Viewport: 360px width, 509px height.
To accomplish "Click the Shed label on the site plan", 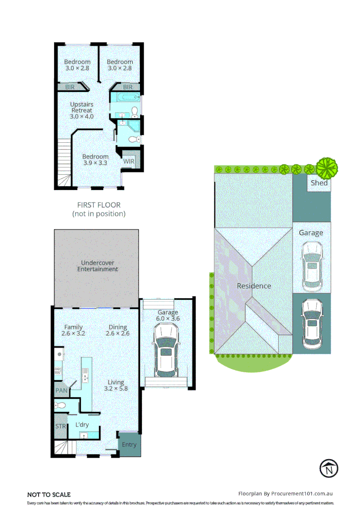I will (x=319, y=183).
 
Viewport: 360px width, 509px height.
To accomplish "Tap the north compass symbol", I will (x=329, y=468).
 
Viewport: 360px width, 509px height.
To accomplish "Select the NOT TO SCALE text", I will (x=49, y=494).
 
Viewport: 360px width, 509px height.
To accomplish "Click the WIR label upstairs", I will (x=129, y=161).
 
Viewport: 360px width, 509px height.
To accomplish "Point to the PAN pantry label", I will (x=61, y=390).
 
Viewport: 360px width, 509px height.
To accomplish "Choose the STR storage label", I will (x=60, y=426).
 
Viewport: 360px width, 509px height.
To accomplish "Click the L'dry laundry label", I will (x=82, y=425).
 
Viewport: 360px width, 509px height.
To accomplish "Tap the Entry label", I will (x=129, y=444).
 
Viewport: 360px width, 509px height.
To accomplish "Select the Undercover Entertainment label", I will (x=98, y=266).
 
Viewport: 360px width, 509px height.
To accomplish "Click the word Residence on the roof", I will (x=254, y=286).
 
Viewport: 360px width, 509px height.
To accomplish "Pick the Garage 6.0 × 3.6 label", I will (x=168, y=315).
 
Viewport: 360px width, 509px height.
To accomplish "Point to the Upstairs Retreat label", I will (x=82, y=110).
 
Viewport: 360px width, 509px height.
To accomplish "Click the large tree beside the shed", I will (x=327, y=167).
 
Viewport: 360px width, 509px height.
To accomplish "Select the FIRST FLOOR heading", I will (x=99, y=205).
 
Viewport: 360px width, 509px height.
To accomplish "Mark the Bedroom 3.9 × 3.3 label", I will (x=95, y=160).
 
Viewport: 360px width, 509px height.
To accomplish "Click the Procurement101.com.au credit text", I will (x=286, y=493).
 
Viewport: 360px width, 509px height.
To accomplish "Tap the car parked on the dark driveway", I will (x=311, y=321).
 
